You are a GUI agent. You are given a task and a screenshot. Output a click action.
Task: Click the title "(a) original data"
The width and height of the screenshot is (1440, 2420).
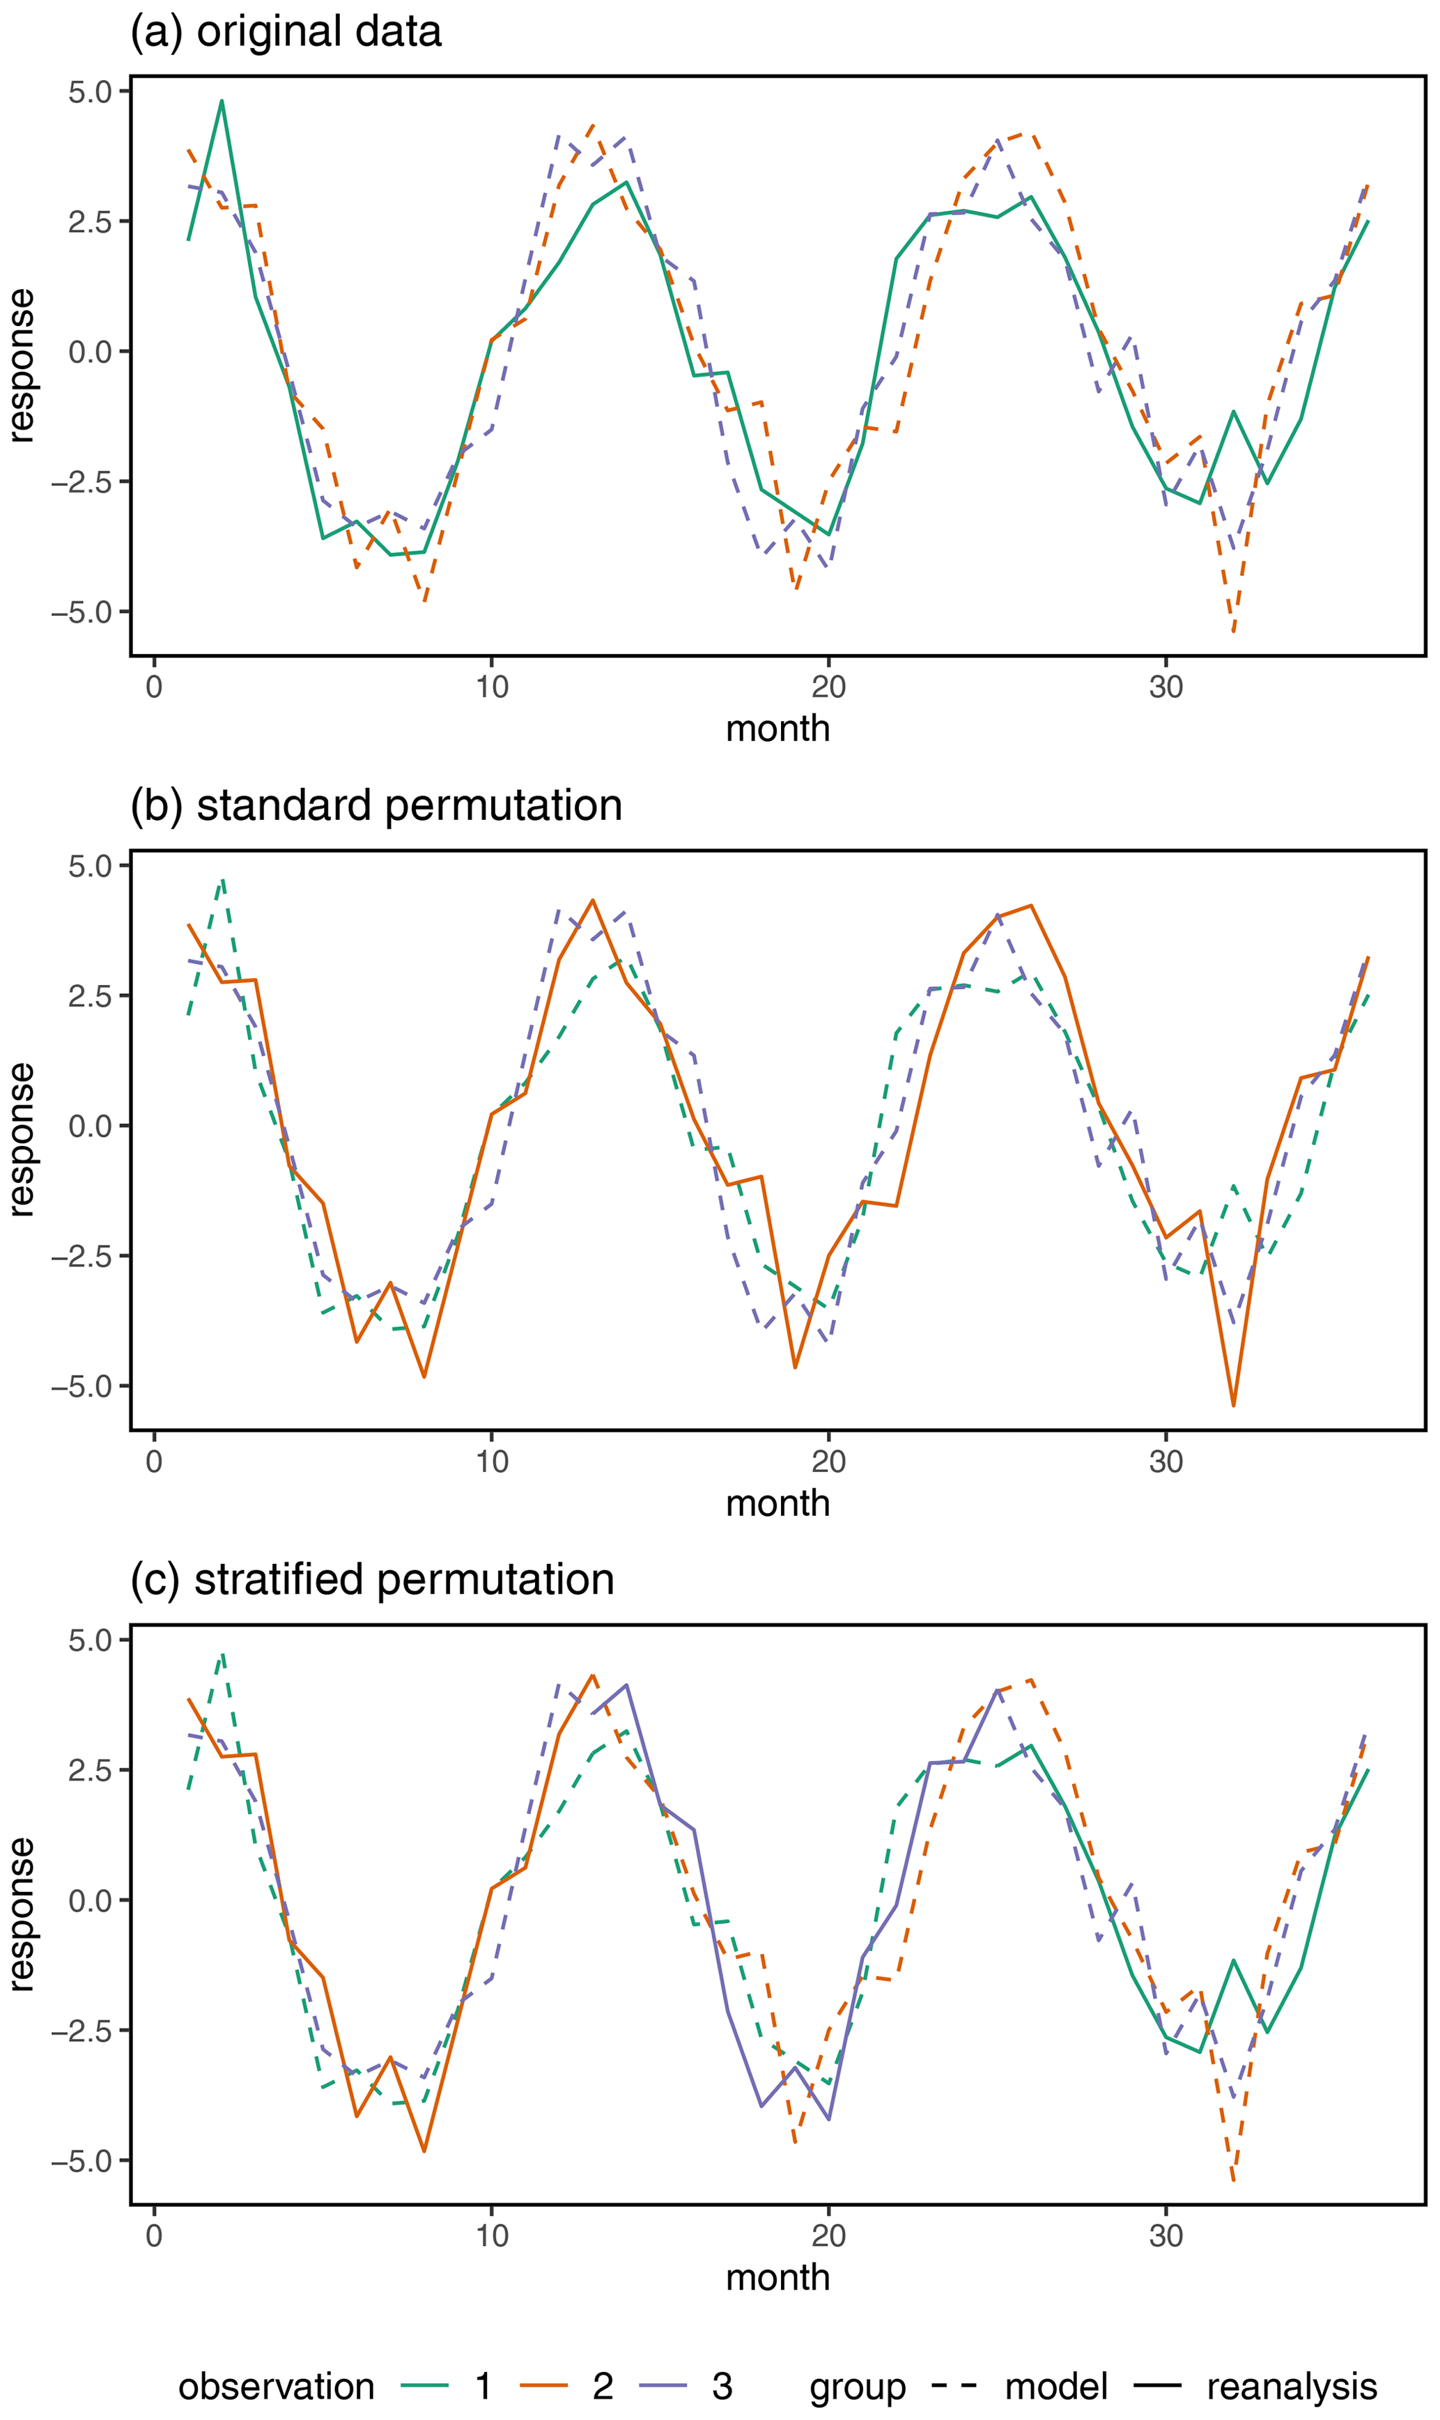[x=286, y=31]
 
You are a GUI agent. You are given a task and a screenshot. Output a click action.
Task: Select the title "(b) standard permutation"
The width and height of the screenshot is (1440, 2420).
[x=376, y=805]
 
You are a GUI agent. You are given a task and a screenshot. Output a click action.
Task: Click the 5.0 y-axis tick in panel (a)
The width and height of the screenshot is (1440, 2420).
[x=89, y=92]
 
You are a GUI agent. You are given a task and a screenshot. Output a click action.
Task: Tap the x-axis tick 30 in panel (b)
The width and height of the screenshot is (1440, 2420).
[x=1166, y=1461]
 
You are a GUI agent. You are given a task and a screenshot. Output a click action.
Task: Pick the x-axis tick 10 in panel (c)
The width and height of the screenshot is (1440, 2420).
[x=491, y=2235]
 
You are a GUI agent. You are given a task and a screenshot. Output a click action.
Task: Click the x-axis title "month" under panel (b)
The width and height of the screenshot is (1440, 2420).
[x=777, y=1503]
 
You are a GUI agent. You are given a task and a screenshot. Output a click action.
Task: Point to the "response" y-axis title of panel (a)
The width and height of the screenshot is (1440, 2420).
[x=22, y=366]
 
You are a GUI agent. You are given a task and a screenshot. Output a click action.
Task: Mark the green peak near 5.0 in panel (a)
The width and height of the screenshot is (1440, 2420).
[x=222, y=101]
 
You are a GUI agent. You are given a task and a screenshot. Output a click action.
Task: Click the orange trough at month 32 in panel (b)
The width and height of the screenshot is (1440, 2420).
[x=1233, y=1405]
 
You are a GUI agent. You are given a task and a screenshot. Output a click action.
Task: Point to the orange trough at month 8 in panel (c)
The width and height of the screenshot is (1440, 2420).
[x=424, y=2151]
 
